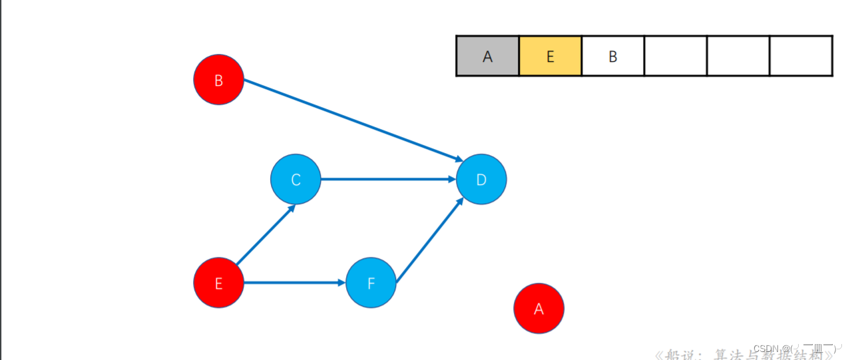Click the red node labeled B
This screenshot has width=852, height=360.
click(x=218, y=80)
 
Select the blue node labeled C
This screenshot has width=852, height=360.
click(x=296, y=180)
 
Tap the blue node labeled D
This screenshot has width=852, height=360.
click(x=481, y=180)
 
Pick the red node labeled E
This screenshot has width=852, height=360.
click(x=218, y=283)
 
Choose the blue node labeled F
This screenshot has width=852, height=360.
click(x=371, y=283)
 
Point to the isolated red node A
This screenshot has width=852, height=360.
click(x=538, y=308)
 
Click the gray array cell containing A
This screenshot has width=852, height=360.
click(x=487, y=57)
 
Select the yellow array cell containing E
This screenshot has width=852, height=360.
click(x=550, y=57)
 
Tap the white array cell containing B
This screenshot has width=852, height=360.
click(x=612, y=57)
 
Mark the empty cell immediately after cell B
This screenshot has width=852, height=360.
click(x=675, y=57)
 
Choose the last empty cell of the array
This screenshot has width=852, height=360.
click(x=801, y=57)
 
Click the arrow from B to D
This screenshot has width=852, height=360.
click(x=353, y=120)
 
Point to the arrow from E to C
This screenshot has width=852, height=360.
click(x=265, y=235)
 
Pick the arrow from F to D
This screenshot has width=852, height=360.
click(x=429, y=240)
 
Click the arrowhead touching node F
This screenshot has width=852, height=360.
click(x=341, y=283)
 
